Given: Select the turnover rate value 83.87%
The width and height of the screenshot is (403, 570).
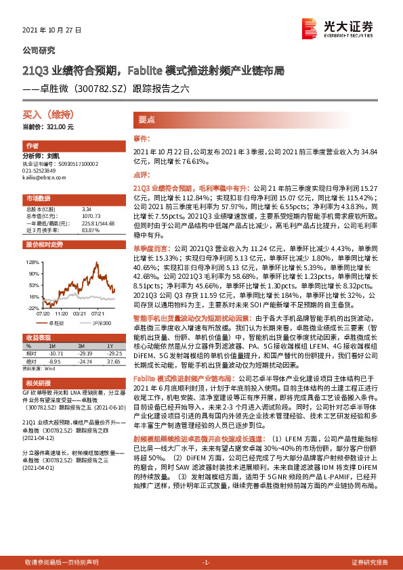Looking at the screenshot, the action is point(90,229).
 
